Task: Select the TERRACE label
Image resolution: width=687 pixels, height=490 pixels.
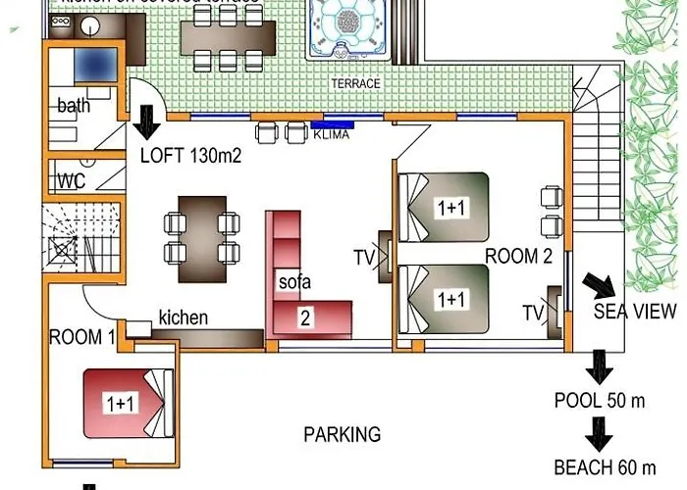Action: coord(355,84)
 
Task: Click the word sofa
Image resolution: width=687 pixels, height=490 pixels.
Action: coord(293,282)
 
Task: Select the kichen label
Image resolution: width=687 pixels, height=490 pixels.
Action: coord(183,318)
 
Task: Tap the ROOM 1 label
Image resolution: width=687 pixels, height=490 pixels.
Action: coord(82,337)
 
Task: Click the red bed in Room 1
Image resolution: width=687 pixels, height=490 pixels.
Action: coord(128,402)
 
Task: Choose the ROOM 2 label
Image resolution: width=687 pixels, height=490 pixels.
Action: coord(519,257)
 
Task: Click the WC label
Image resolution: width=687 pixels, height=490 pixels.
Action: coord(71,181)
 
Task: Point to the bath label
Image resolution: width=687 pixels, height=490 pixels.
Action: coord(74,106)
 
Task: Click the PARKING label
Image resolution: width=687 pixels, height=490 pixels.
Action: coord(342,434)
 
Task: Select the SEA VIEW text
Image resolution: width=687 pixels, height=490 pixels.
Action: coord(635,312)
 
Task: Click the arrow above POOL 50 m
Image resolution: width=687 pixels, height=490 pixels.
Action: coord(598,367)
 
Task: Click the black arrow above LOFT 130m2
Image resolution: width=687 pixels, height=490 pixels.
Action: coord(148,122)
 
